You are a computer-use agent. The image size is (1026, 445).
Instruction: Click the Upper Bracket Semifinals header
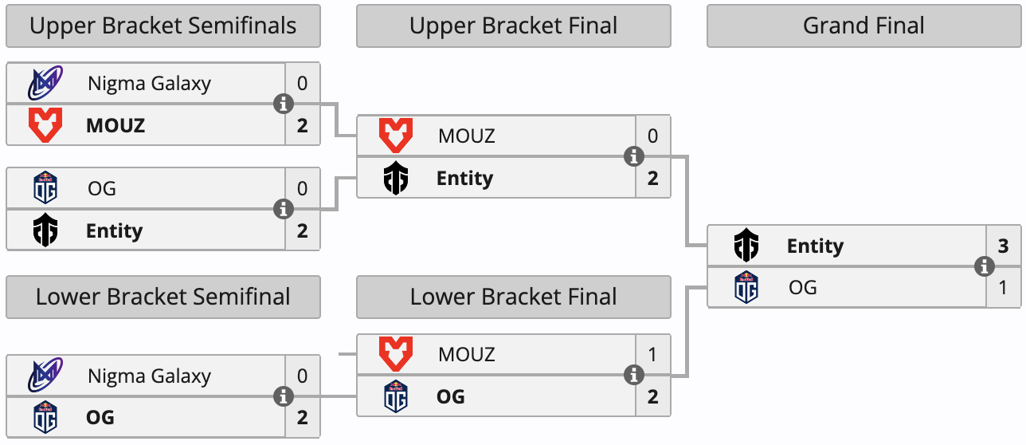tap(163, 26)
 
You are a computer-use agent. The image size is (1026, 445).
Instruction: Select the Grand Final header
tap(863, 26)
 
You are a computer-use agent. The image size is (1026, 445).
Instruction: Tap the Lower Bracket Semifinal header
tap(163, 297)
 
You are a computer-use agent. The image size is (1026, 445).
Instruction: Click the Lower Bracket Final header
tap(513, 297)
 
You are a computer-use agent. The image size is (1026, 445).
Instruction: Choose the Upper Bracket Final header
tap(513, 26)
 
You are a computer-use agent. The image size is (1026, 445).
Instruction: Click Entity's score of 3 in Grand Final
tap(1003, 246)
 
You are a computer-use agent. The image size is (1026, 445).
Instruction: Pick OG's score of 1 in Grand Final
tap(1003, 287)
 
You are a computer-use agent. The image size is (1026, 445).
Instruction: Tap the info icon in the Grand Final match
tap(985, 266)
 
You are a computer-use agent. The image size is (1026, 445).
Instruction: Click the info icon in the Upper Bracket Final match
tap(634, 156)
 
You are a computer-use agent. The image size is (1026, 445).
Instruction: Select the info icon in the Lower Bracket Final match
tap(634, 374)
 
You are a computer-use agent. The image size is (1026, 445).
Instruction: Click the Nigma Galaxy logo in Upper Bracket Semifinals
tap(45, 84)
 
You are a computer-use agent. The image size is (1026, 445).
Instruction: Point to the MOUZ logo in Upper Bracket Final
tap(396, 136)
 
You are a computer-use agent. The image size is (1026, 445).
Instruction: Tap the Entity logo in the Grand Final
tap(746, 246)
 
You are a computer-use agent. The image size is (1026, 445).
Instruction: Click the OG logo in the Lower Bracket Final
tap(396, 396)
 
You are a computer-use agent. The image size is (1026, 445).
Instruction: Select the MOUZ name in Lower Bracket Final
tap(466, 354)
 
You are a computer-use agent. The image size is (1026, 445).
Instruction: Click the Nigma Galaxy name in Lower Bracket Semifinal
tap(149, 376)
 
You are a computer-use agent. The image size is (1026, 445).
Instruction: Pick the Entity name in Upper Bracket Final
tap(464, 178)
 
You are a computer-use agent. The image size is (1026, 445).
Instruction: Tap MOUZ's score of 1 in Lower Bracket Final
tap(652, 354)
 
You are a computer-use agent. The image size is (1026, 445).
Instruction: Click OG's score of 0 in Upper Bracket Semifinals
tap(302, 189)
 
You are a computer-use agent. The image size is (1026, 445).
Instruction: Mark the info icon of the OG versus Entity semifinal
tap(284, 209)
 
